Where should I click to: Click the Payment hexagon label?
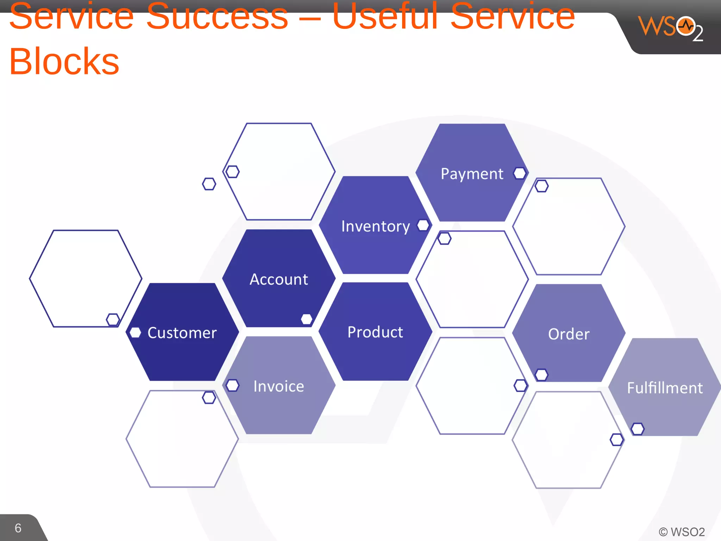(x=472, y=174)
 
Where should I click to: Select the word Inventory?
(x=375, y=226)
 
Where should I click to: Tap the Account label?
(x=278, y=280)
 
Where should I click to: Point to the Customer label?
(x=182, y=333)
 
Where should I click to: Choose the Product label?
(x=375, y=332)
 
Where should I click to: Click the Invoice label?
(x=278, y=386)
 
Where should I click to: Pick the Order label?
(x=569, y=334)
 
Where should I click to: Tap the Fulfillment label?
(x=665, y=388)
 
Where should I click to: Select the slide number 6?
(x=18, y=528)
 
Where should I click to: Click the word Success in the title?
(x=217, y=17)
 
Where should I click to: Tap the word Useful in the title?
(x=385, y=17)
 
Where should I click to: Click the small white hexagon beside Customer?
(x=135, y=332)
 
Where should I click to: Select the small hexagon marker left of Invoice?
(x=232, y=385)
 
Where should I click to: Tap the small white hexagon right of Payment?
(x=520, y=173)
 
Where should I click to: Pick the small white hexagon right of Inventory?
(x=423, y=225)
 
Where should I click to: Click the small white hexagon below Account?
(x=307, y=319)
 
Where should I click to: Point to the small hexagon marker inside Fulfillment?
(x=638, y=429)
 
